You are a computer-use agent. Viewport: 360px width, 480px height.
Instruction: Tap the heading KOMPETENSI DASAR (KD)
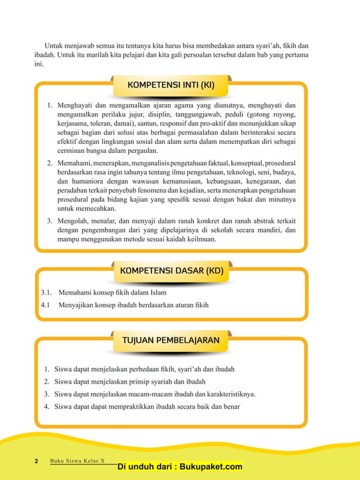(x=172, y=271)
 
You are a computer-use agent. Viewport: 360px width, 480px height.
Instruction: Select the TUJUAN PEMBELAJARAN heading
(x=172, y=341)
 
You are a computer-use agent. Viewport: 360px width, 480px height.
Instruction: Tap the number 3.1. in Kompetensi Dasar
(x=47, y=293)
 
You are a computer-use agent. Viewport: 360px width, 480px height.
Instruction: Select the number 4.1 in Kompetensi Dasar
(x=46, y=305)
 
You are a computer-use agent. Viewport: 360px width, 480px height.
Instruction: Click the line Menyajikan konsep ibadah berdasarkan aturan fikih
(x=134, y=305)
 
